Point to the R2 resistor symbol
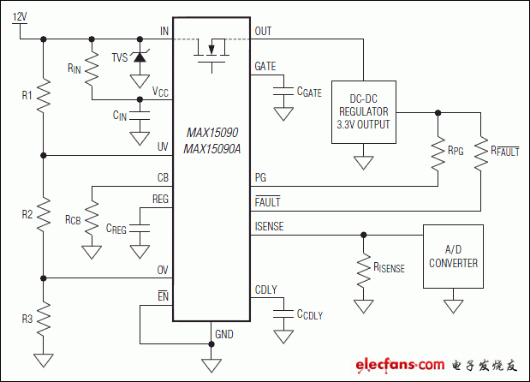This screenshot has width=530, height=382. coord(42,216)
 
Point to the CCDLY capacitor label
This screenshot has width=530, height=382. coord(307,314)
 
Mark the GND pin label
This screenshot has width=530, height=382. coord(224,334)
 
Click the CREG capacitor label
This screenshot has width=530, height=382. coord(116,228)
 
